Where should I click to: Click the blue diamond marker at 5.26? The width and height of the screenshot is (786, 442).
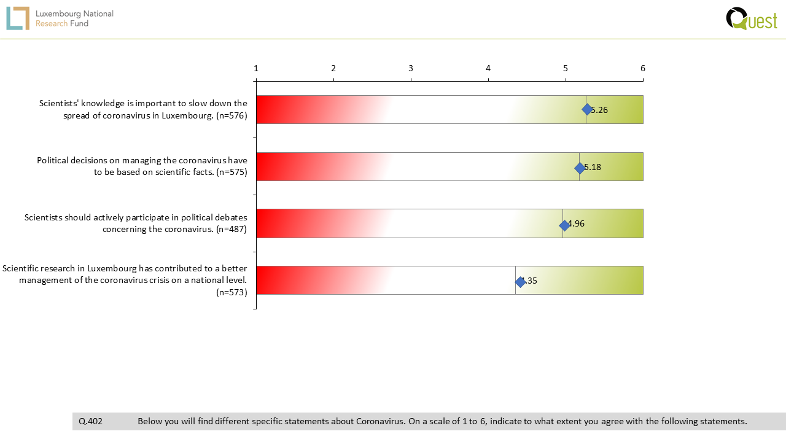coord(587,109)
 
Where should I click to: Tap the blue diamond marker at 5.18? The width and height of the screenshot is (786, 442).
coord(580,168)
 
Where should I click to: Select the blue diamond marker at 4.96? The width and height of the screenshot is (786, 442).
coord(564,225)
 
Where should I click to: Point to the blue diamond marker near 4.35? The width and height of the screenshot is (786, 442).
coord(520,282)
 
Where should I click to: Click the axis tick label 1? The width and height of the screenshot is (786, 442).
coord(256,68)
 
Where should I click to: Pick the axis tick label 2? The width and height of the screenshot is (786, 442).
coord(333,68)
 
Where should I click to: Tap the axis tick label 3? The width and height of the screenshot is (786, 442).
coord(411,68)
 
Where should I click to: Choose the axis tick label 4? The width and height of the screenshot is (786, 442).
coord(488,68)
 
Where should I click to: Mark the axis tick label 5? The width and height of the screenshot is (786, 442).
coord(566,68)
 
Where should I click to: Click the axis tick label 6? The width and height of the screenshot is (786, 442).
coord(643,68)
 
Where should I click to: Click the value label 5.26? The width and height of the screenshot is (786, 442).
coord(599,110)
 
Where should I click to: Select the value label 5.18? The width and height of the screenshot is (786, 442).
coord(593,167)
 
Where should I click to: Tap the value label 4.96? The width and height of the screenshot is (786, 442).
coord(576,223)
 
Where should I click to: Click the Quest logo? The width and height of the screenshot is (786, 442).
coord(752,19)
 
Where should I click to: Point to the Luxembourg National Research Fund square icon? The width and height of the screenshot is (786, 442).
coord(18,18)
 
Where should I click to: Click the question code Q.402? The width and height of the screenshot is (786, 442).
coord(90,421)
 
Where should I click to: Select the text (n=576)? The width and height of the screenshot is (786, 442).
coord(232,115)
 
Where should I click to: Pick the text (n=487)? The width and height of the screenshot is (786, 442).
coord(232,229)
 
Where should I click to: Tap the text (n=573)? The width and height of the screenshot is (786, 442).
coord(232,292)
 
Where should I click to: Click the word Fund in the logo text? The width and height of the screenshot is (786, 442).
coord(79,23)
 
